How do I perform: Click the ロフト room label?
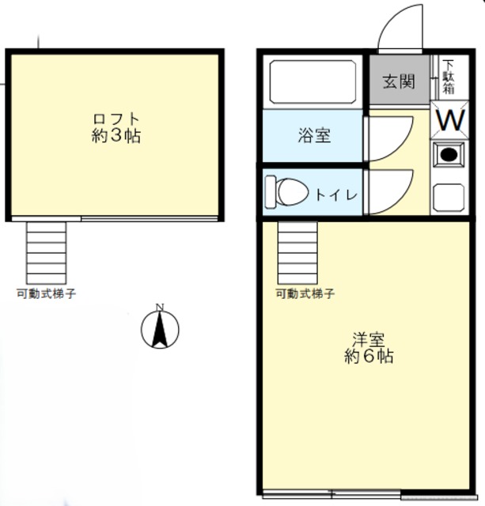pyautogui.click(x=116, y=119)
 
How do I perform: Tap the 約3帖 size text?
pyautogui.click(x=116, y=136)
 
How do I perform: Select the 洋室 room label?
pyautogui.click(x=369, y=340)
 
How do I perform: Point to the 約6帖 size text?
pyautogui.click(x=369, y=357)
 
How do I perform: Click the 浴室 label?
pyautogui.click(x=315, y=135)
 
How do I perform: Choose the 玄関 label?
pyautogui.click(x=399, y=81)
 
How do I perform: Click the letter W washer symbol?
pyautogui.click(x=450, y=121)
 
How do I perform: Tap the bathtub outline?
pyautogui.click(x=313, y=81)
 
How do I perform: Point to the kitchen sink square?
pyautogui.click(x=449, y=195)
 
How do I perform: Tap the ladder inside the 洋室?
pyautogui.click(x=297, y=251)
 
